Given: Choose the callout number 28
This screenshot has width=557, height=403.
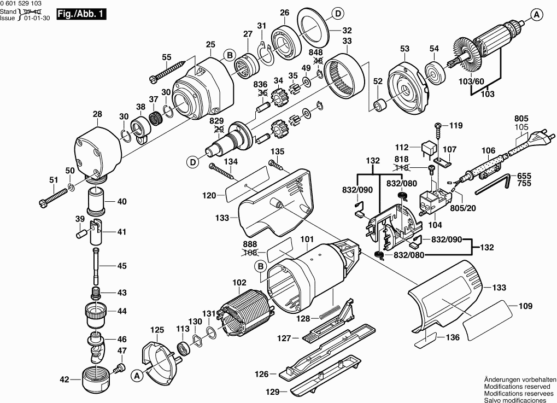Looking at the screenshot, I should (97, 114).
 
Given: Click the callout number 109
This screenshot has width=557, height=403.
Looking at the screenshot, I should (525, 306).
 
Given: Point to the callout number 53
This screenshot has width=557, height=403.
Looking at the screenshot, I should (404, 49).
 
